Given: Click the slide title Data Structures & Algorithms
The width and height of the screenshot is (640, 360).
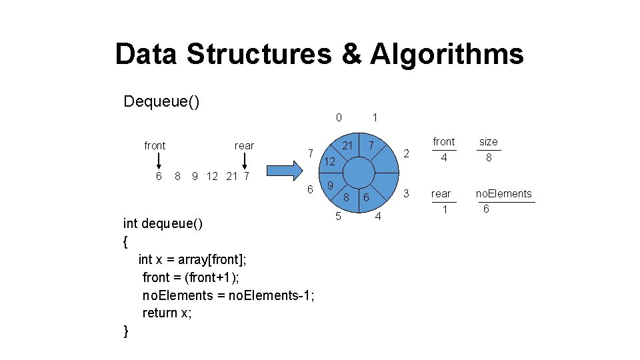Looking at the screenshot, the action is coord(319,54).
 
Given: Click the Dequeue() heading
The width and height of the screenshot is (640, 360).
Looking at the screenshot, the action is coord(161,102).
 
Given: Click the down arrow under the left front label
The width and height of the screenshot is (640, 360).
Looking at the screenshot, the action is coord(159,162).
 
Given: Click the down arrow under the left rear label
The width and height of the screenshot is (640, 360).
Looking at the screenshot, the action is coord(245,162).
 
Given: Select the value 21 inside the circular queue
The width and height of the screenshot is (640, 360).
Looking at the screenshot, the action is coord(347,145).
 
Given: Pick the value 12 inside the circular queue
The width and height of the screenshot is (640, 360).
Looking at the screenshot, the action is coord(330,162).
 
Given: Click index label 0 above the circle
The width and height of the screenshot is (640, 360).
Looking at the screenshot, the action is coord(339,117).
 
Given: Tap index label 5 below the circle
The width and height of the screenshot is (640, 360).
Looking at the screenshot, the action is coord(339,216).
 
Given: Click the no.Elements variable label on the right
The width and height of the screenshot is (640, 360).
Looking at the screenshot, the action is coord(503,194).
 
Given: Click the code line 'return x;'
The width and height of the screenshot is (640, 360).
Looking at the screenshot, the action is coord(167,313).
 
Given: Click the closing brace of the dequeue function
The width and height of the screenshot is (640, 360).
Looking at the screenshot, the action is coord(127,331).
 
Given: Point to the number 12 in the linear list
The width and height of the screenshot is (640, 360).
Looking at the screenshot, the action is coord(212,176).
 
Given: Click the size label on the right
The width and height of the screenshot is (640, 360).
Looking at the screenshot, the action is coord(488,142).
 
